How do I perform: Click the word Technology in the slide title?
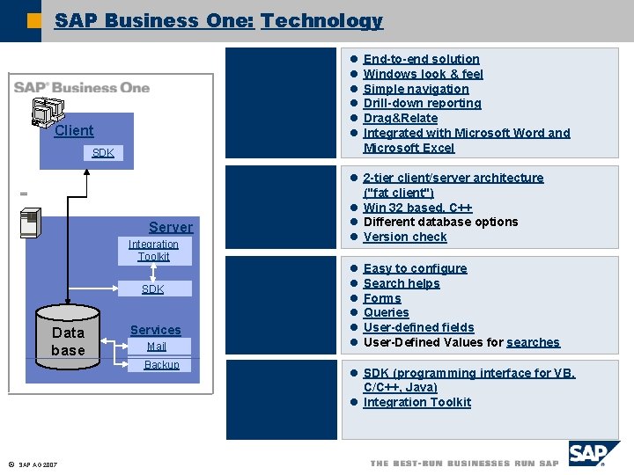[321, 21]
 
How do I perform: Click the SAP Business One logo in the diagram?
[81, 88]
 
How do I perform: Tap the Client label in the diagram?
[73, 131]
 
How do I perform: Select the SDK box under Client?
[103, 153]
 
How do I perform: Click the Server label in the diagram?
[170, 227]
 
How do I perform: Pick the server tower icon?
[30, 223]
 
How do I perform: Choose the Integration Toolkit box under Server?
[153, 251]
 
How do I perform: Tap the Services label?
[155, 330]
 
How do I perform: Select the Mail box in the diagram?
[156, 347]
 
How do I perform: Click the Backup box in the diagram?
[161, 365]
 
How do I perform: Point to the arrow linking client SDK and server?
[87, 189]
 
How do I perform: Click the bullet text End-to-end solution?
[421, 59]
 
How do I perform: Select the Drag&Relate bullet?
[400, 118]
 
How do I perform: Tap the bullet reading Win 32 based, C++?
[417, 208]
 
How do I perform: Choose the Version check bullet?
[405, 237]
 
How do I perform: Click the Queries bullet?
[386, 312]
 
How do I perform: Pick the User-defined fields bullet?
[418, 327]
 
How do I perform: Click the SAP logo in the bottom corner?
[593, 454]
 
